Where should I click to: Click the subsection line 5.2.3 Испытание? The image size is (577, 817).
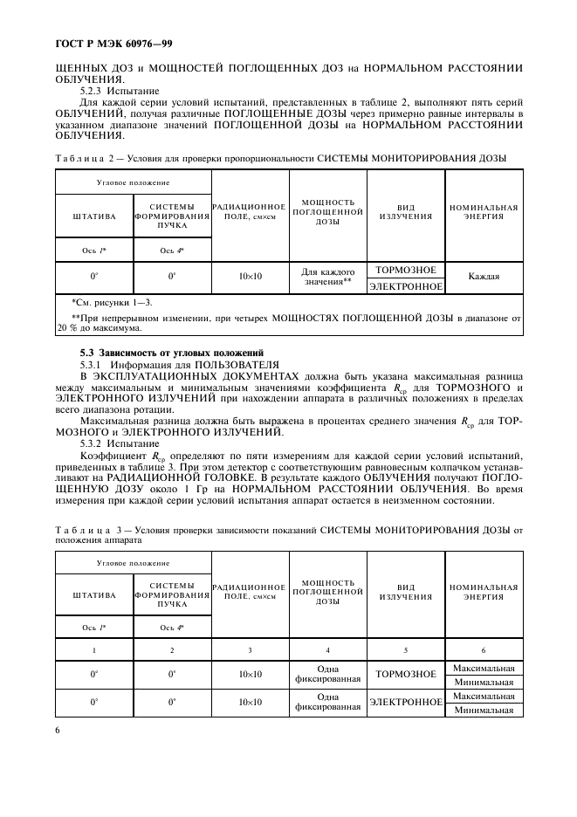pyautogui.click(x=109, y=89)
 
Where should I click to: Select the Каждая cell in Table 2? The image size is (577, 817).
pyautogui.click(x=484, y=277)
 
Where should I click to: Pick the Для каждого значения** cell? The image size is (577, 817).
pyautogui.click(x=328, y=277)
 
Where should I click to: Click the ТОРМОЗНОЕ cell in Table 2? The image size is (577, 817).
pyautogui.click(x=405, y=270)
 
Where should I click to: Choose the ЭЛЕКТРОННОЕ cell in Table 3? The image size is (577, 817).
pyautogui.click(x=405, y=703)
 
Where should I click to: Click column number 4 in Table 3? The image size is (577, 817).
pyautogui.click(x=328, y=650)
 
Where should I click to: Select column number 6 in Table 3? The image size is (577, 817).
pyautogui.click(x=484, y=650)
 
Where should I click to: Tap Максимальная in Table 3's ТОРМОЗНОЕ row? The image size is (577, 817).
pyautogui.click(x=484, y=668)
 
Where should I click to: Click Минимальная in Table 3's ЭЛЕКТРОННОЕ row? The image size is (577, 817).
pyautogui.click(x=484, y=711)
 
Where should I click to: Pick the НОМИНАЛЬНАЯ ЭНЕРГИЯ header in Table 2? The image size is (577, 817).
pyautogui.click(x=484, y=212)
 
